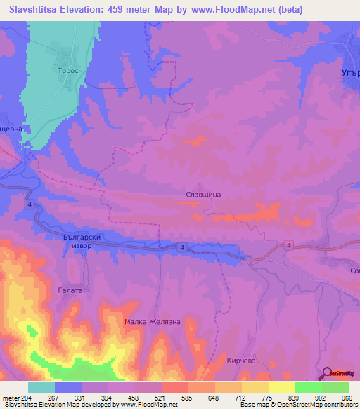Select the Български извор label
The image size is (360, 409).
(x=82, y=243)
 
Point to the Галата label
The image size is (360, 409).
(x=70, y=290)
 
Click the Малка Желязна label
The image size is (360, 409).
(x=153, y=322)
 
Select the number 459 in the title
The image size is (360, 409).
(x=134, y=11)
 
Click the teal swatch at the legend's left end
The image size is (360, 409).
(x=41, y=387)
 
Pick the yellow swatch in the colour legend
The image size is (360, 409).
(x=282, y=387)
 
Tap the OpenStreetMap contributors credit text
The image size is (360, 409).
(x=317, y=405)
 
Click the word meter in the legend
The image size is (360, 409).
(x=10, y=397)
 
